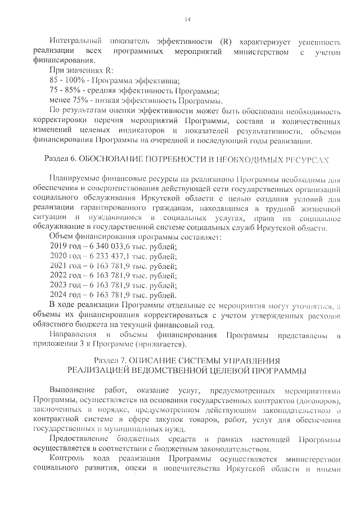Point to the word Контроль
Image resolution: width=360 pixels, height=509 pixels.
67,459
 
